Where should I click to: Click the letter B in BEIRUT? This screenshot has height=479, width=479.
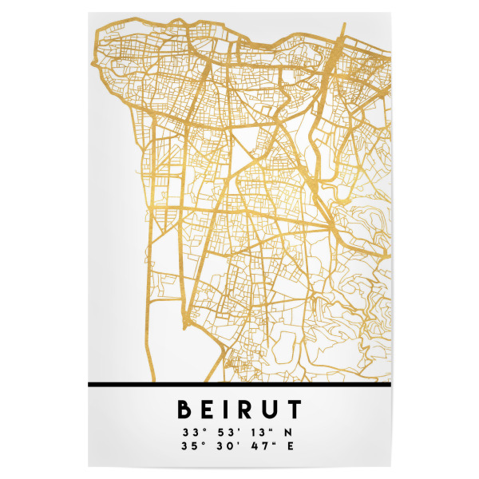[x=184, y=410]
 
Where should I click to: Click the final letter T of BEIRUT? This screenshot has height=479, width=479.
[x=295, y=410]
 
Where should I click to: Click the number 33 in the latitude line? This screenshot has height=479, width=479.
[x=190, y=433]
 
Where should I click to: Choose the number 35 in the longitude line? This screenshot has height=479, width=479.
[x=190, y=445]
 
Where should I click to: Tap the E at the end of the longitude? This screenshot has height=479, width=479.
[x=290, y=445]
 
